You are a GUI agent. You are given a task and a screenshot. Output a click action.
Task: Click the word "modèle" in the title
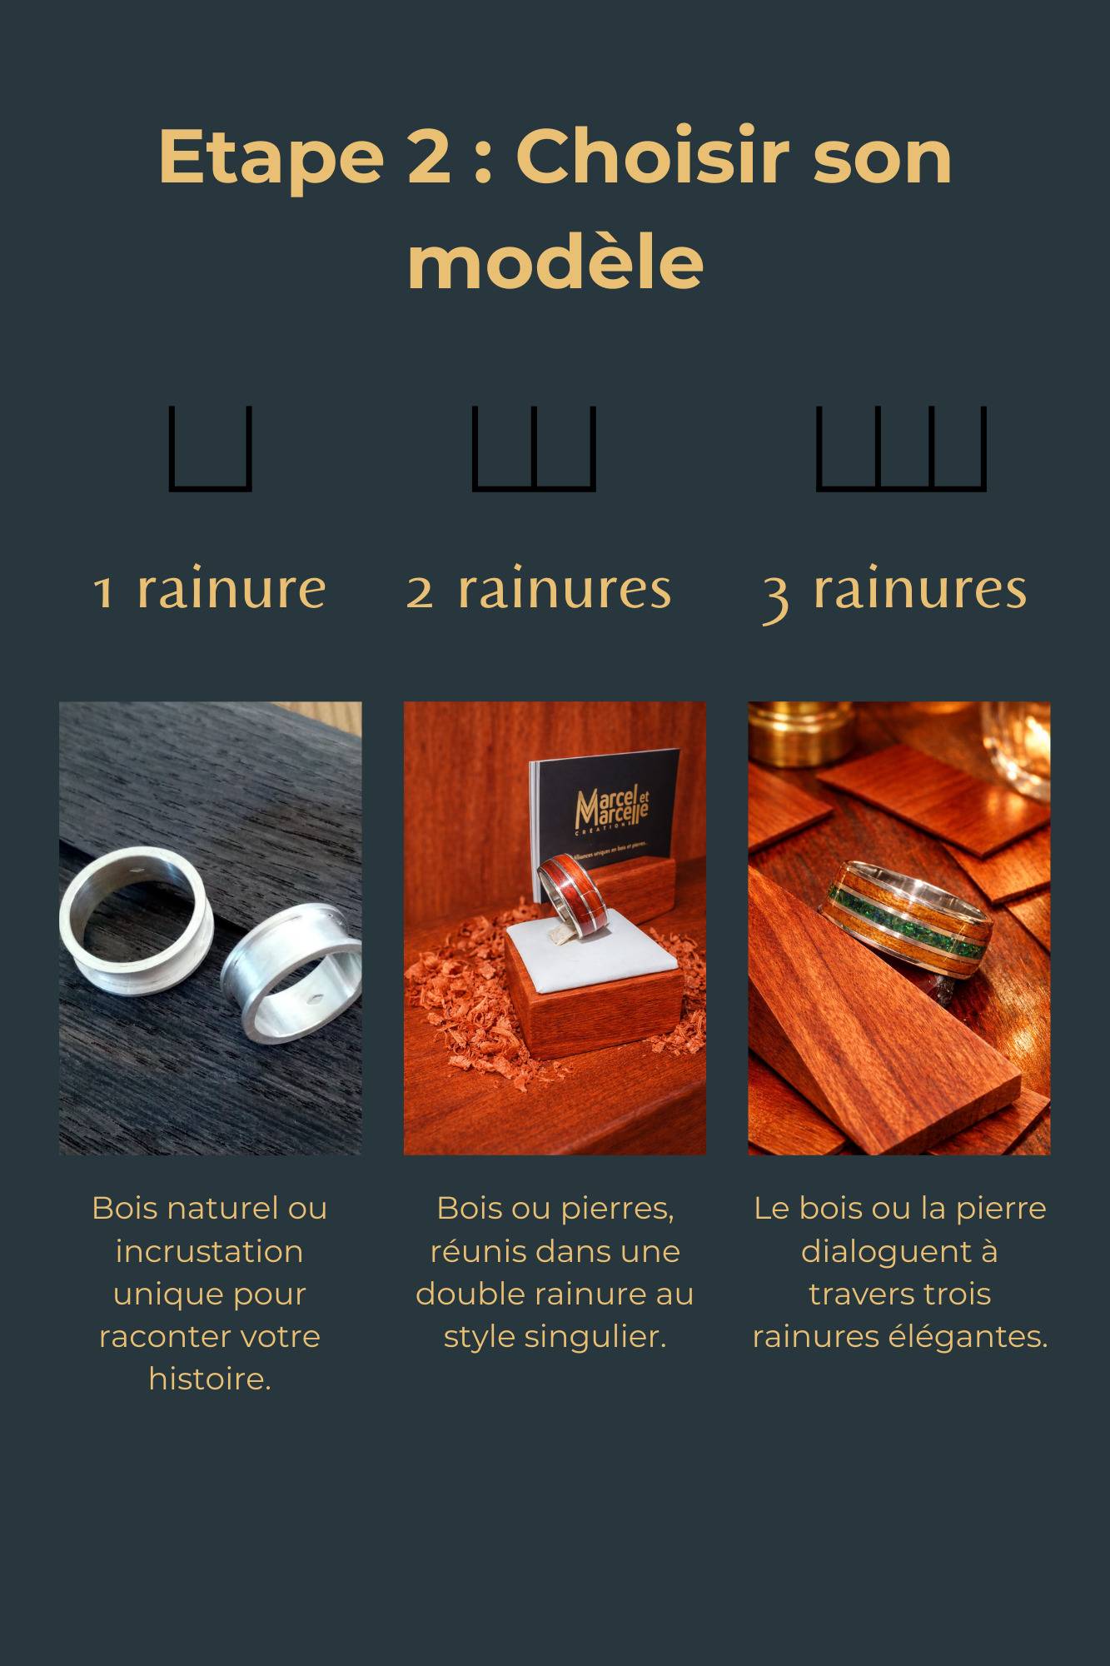click(555, 262)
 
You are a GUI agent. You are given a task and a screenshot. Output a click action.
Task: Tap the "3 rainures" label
click(895, 591)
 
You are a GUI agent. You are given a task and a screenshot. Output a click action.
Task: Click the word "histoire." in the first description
click(210, 1379)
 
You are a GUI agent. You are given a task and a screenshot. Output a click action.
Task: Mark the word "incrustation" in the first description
click(209, 1251)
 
